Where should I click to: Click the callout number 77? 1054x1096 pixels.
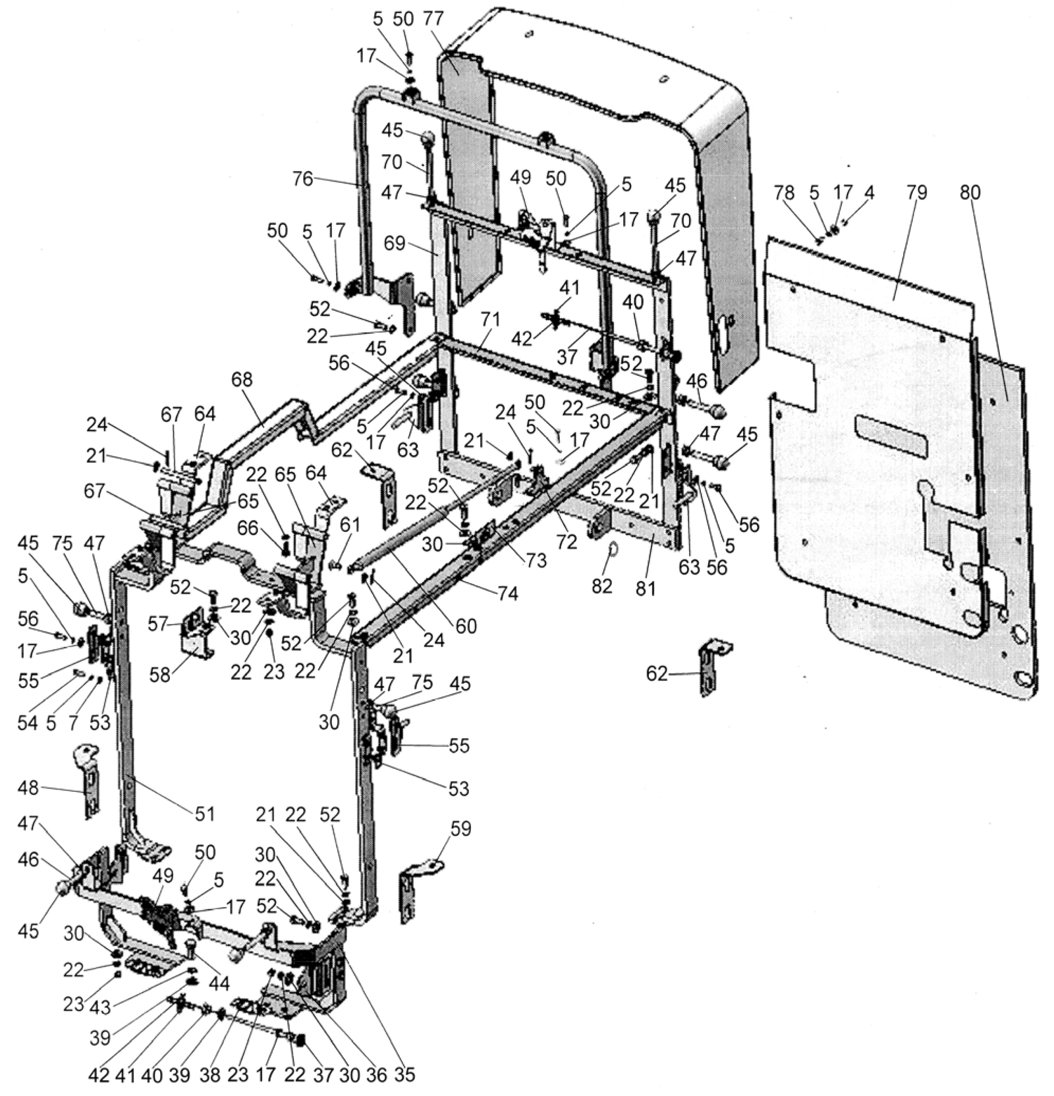pyautogui.click(x=433, y=19)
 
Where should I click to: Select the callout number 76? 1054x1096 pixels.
pyautogui.click(x=304, y=179)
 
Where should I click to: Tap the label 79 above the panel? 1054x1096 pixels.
pyautogui.click(x=916, y=193)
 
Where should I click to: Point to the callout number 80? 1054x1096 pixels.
pyautogui.click(x=970, y=193)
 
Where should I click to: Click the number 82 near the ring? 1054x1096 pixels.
pyautogui.click(x=601, y=586)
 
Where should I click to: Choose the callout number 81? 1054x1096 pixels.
pyautogui.click(x=646, y=588)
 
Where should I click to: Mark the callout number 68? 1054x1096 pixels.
pyautogui.click(x=242, y=380)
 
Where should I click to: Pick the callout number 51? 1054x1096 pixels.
pyautogui.click(x=204, y=814)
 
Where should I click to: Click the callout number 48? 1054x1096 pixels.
pyautogui.click(x=29, y=787)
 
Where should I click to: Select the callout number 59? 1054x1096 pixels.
pyautogui.click(x=460, y=829)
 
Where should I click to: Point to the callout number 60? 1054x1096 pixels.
pyautogui.click(x=466, y=626)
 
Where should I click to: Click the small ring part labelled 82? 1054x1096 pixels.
pyautogui.click(x=612, y=548)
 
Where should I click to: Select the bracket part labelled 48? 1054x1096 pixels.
pyautogui.click(x=88, y=781)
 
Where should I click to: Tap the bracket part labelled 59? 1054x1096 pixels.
pyautogui.click(x=416, y=888)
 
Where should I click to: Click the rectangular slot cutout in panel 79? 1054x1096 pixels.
pyautogui.click(x=891, y=438)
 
